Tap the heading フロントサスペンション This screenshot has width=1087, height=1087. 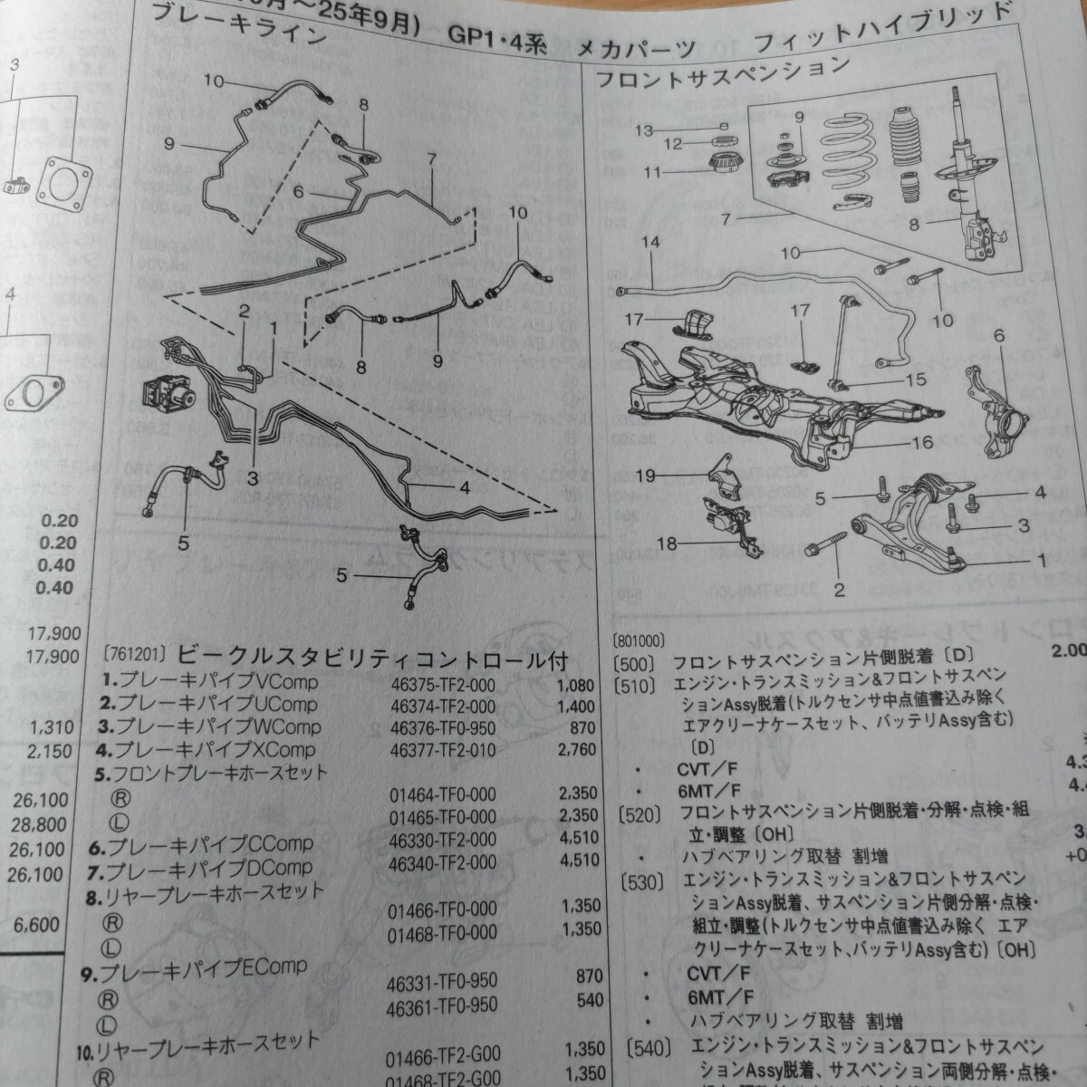[x=722, y=72]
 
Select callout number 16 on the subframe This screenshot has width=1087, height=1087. [x=922, y=443]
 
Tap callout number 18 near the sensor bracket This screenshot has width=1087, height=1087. [x=667, y=543]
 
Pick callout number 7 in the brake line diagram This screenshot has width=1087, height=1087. [x=431, y=160]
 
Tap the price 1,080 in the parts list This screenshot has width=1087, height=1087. [x=577, y=686]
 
